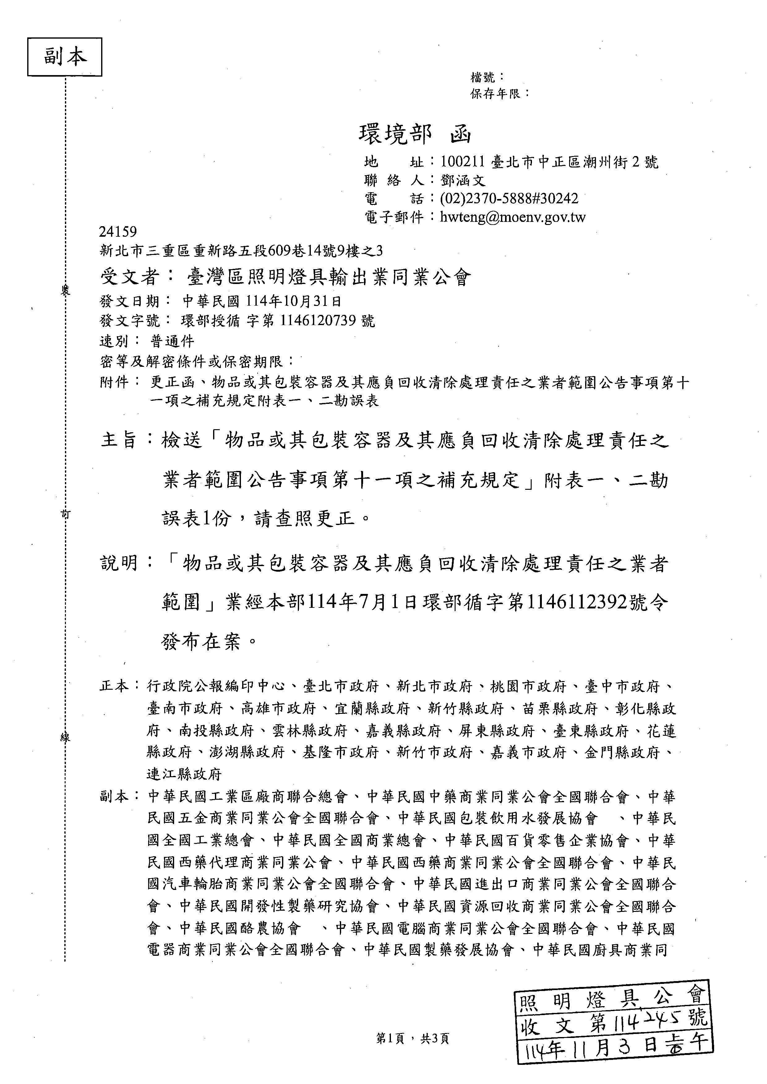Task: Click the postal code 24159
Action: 118,232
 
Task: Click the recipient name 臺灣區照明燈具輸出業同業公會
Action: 329,277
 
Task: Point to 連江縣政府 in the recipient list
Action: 184,775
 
